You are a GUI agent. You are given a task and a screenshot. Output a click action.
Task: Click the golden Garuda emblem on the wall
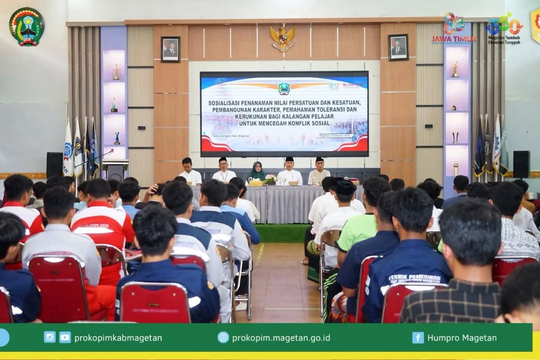283,38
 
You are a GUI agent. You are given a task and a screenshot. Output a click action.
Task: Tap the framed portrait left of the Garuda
171,49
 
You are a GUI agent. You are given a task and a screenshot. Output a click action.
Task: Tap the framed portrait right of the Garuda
398,47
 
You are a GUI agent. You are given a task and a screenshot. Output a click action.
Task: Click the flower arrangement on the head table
270,180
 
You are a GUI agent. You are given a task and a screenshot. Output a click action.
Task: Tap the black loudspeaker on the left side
55,165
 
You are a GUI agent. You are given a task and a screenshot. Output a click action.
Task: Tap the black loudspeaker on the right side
521,164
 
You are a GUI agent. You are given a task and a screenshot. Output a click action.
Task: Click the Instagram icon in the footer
50,337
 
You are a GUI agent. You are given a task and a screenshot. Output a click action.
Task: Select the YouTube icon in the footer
65,337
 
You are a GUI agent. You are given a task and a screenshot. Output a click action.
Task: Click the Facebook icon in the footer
418,337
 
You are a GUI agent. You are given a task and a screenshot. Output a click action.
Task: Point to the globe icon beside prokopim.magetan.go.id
223,337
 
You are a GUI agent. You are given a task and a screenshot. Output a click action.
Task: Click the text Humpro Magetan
462,338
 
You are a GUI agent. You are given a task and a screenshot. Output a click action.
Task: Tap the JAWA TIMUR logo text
453,39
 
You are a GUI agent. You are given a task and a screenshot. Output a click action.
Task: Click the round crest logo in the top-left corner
27,26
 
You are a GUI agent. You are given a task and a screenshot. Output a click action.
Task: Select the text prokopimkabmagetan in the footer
118,338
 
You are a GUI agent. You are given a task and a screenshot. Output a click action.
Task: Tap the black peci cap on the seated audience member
346,187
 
